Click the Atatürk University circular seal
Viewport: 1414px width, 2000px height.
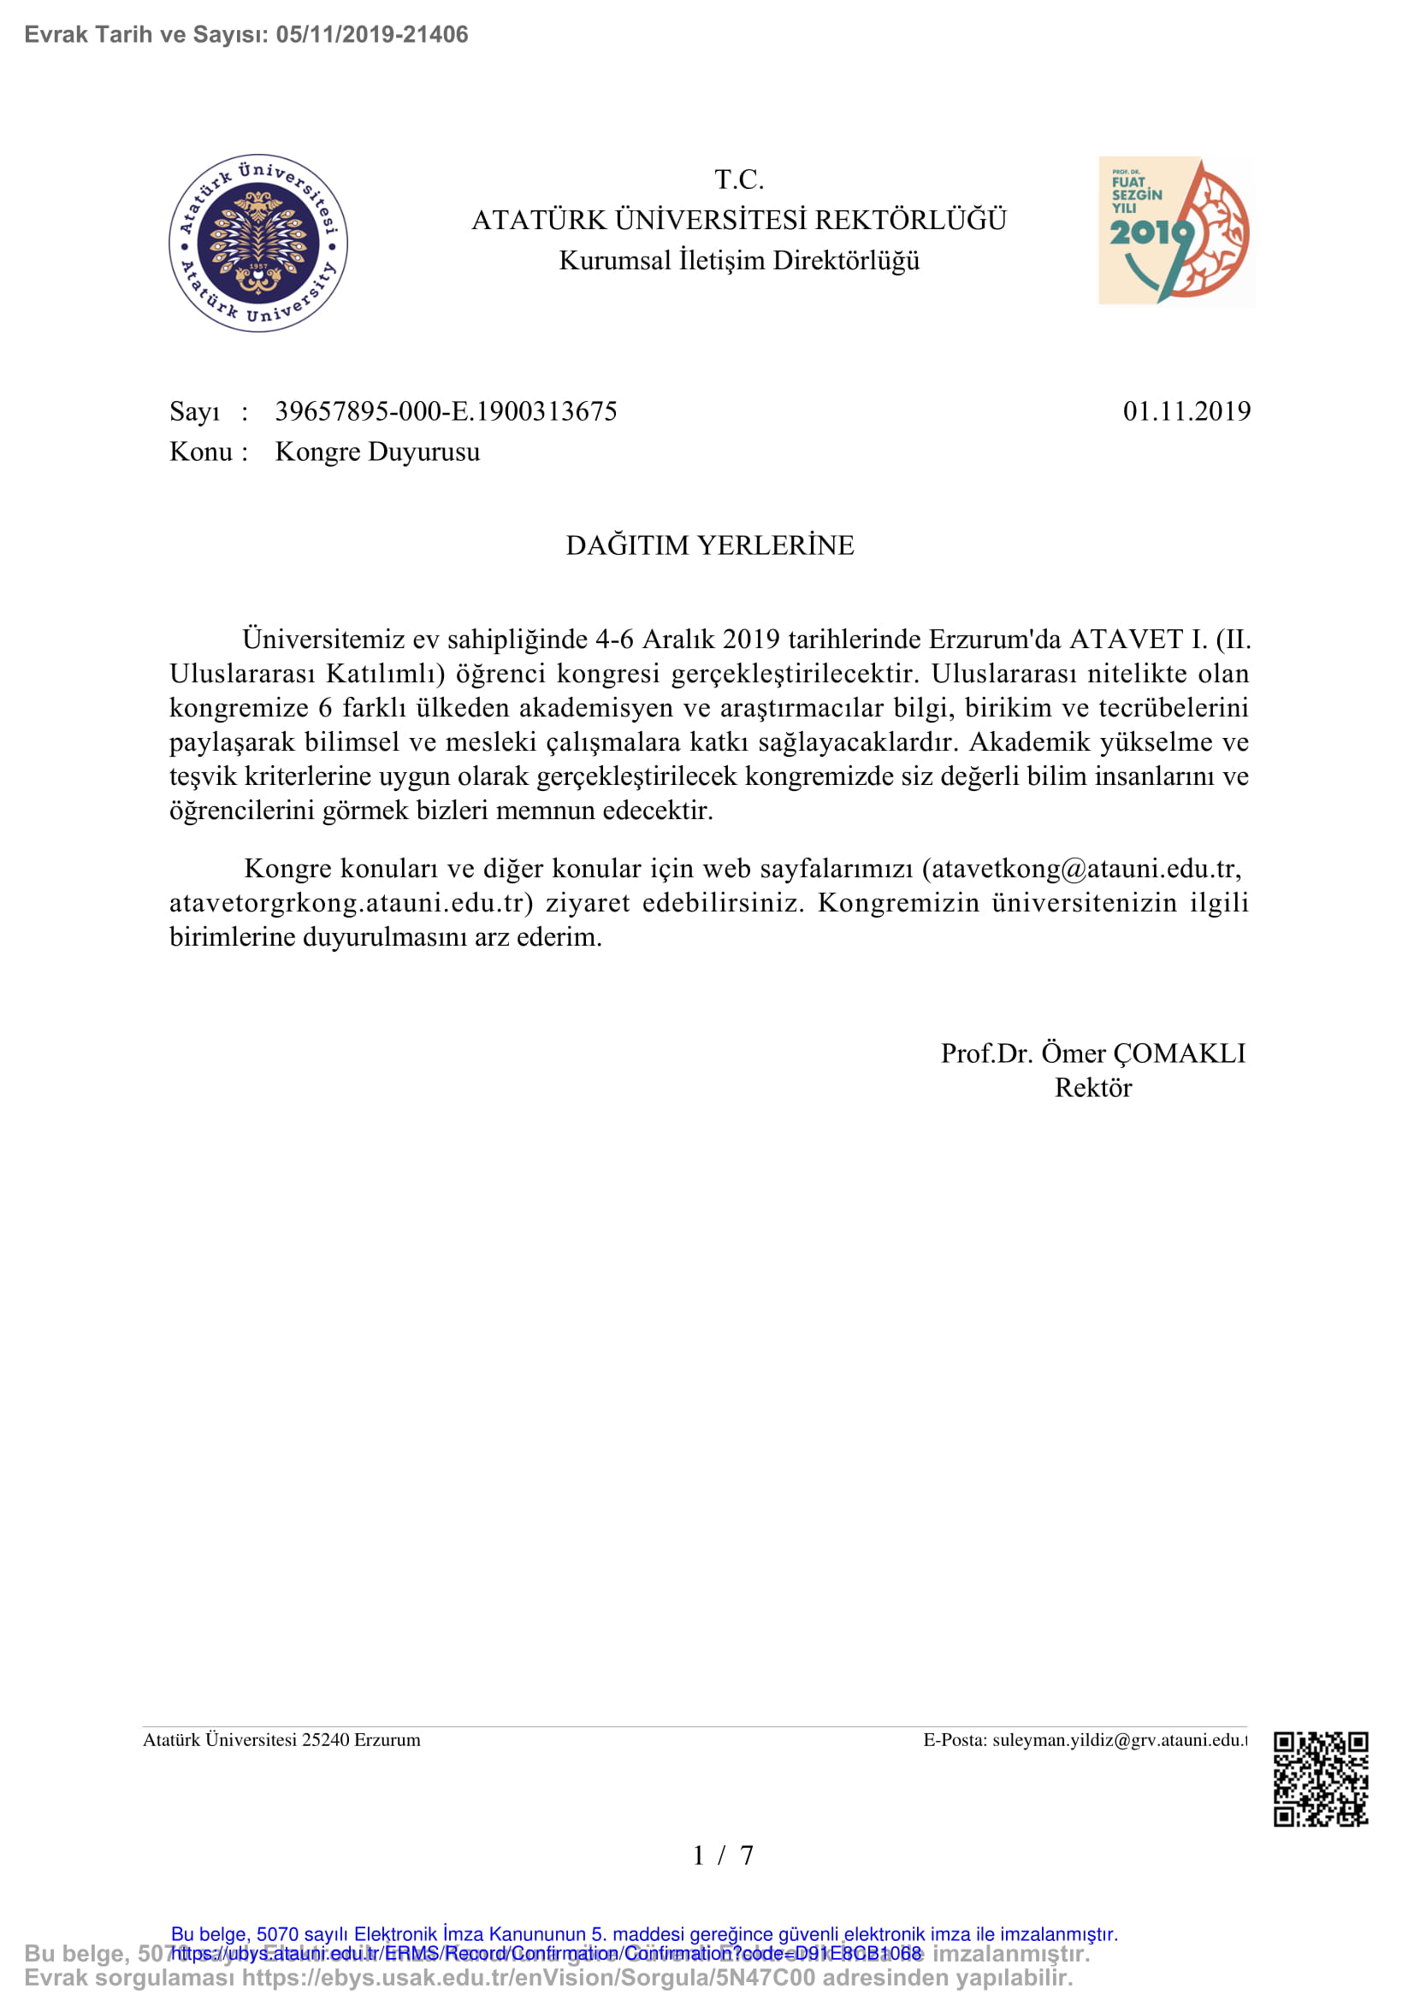click(257, 243)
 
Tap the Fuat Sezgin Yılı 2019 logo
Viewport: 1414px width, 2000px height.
click(1175, 231)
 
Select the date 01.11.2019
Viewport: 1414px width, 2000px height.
click(1186, 411)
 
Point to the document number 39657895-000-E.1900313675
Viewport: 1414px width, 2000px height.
click(446, 411)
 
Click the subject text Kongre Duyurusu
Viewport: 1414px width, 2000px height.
click(377, 452)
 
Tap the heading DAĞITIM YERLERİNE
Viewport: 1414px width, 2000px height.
click(709, 546)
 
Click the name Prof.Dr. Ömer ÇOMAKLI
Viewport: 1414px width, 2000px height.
click(1092, 1053)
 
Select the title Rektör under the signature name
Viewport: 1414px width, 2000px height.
click(1092, 1088)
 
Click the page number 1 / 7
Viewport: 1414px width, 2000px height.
click(722, 1855)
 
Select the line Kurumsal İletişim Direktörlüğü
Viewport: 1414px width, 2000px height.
click(739, 261)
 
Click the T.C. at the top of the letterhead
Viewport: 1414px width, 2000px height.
click(739, 180)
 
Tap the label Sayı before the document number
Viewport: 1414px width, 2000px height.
click(194, 411)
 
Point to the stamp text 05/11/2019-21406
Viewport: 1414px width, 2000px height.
click(372, 35)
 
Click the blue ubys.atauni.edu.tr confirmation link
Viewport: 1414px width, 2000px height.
click(547, 1953)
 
